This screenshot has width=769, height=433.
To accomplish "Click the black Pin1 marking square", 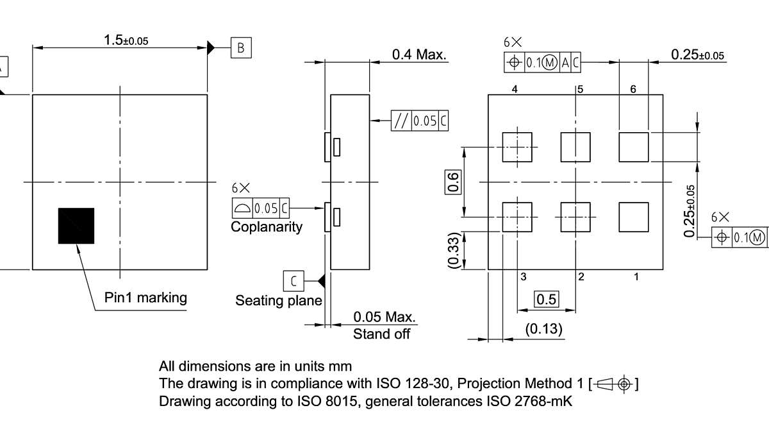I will (x=76, y=226).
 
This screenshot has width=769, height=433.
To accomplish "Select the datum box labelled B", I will (x=241, y=47).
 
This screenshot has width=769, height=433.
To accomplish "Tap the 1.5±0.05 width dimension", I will (x=126, y=40).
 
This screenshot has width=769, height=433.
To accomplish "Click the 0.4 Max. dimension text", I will (x=419, y=55).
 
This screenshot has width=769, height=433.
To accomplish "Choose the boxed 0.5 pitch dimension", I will (x=547, y=300).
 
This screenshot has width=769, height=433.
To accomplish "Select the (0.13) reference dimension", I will (x=543, y=329).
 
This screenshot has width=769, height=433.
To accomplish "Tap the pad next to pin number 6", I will (x=633, y=147).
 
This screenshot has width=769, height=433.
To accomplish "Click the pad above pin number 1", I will (x=633, y=217).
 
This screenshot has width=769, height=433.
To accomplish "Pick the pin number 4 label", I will (x=515, y=90).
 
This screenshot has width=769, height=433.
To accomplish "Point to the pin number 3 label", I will (x=524, y=277).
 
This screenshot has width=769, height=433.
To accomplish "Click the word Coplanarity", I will (x=267, y=227).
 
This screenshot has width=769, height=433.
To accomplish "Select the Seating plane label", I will (x=279, y=300).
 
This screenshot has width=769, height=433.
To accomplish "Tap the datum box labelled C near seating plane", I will (x=294, y=280).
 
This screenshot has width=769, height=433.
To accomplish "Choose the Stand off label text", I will (x=382, y=334).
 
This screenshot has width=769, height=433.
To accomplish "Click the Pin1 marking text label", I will (x=146, y=298).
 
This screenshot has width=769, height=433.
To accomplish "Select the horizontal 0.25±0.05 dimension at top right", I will (x=697, y=55).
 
